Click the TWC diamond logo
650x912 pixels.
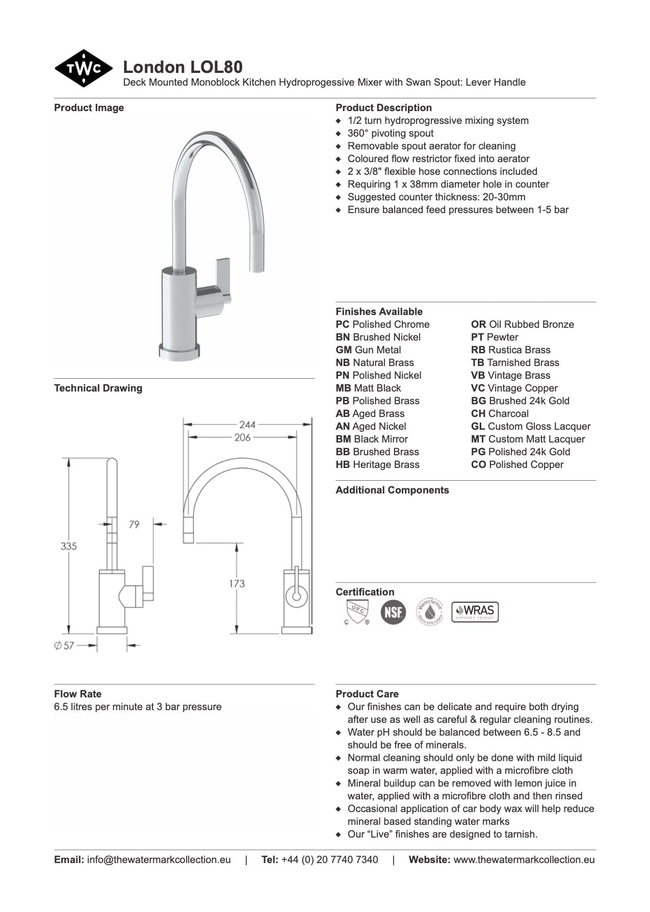point(84,68)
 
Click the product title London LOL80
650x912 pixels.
point(183,67)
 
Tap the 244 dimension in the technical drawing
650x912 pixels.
point(247,424)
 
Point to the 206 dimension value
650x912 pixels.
point(242,437)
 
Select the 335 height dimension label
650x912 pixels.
point(69,546)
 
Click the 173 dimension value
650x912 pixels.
point(237,583)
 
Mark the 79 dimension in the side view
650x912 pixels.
point(134,524)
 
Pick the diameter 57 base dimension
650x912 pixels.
point(64,645)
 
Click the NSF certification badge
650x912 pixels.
point(393,612)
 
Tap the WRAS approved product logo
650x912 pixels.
point(475,612)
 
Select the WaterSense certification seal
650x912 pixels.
point(430,612)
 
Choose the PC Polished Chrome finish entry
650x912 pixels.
point(382,324)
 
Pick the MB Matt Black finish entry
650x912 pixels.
point(368,388)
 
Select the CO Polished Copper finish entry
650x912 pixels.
point(517,464)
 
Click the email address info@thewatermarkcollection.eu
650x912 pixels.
point(159,859)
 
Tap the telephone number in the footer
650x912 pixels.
point(329,859)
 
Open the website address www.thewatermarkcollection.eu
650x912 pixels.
point(524,859)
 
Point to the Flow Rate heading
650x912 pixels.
point(77,694)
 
